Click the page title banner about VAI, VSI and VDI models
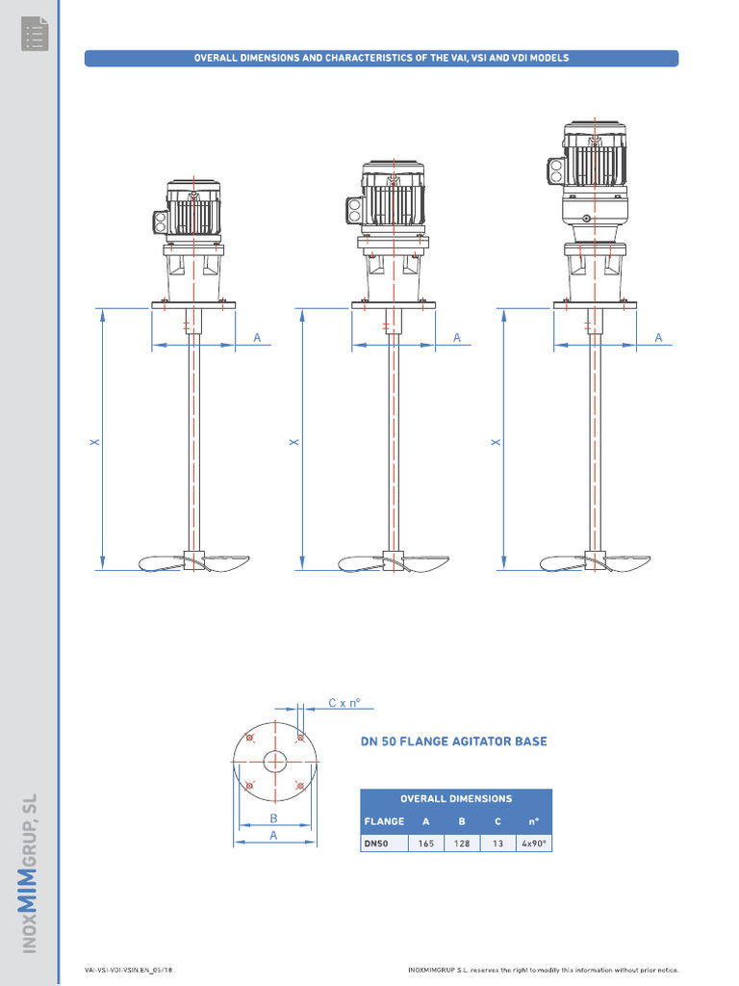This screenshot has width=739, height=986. [x=381, y=58]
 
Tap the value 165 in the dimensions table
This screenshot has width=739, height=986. [x=425, y=843]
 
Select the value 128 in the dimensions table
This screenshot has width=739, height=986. [x=462, y=843]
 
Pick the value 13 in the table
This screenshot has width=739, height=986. [x=497, y=843]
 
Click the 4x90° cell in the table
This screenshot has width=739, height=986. [x=533, y=843]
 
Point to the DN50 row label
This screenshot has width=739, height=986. [x=375, y=843]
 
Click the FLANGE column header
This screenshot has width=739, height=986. [x=383, y=821]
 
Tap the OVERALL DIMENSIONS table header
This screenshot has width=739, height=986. [x=456, y=798]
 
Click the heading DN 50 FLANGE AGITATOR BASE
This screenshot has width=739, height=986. [x=453, y=741]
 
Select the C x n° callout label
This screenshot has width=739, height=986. [x=344, y=703]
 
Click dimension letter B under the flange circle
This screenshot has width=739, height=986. [x=273, y=817]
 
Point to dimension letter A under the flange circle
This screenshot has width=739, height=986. [x=273, y=836]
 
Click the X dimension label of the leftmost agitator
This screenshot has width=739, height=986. [x=94, y=442]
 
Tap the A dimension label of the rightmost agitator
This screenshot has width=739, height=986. [x=659, y=337]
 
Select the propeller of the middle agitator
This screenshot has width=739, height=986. [x=393, y=561]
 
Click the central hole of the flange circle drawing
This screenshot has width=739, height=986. [x=275, y=762]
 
